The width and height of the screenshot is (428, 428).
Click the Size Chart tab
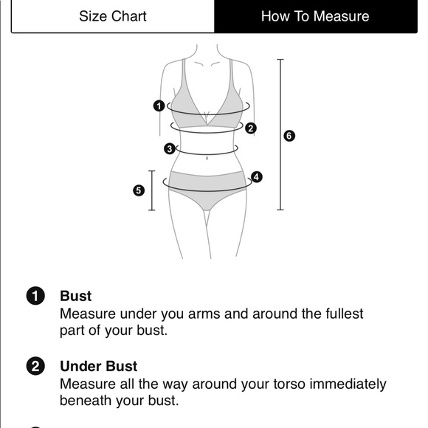[x=113, y=16]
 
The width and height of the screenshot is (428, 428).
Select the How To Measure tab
[x=316, y=16]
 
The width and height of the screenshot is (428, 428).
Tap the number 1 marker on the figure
[x=159, y=106]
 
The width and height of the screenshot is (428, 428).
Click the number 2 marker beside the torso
[x=251, y=128]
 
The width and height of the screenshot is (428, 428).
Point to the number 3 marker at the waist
[x=170, y=149]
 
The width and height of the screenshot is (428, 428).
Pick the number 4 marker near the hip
[x=256, y=177]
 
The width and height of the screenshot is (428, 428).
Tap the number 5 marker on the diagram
[x=139, y=190]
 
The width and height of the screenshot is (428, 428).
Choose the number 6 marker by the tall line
[x=289, y=136]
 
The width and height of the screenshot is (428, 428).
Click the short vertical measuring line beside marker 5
[x=152, y=190]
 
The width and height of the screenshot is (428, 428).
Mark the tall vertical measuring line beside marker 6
[x=280, y=134]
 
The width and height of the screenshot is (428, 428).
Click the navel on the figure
[x=207, y=159]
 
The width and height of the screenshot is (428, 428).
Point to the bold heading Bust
[x=75, y=296]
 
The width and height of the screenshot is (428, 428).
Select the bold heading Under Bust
[x=99, y=366]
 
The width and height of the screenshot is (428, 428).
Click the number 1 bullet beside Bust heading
[x=35, y=296]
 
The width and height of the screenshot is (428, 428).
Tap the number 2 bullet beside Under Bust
[x=35, y=366]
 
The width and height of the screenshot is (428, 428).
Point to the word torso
[x=289, y=384]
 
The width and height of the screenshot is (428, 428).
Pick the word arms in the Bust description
[x=204, y=314]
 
